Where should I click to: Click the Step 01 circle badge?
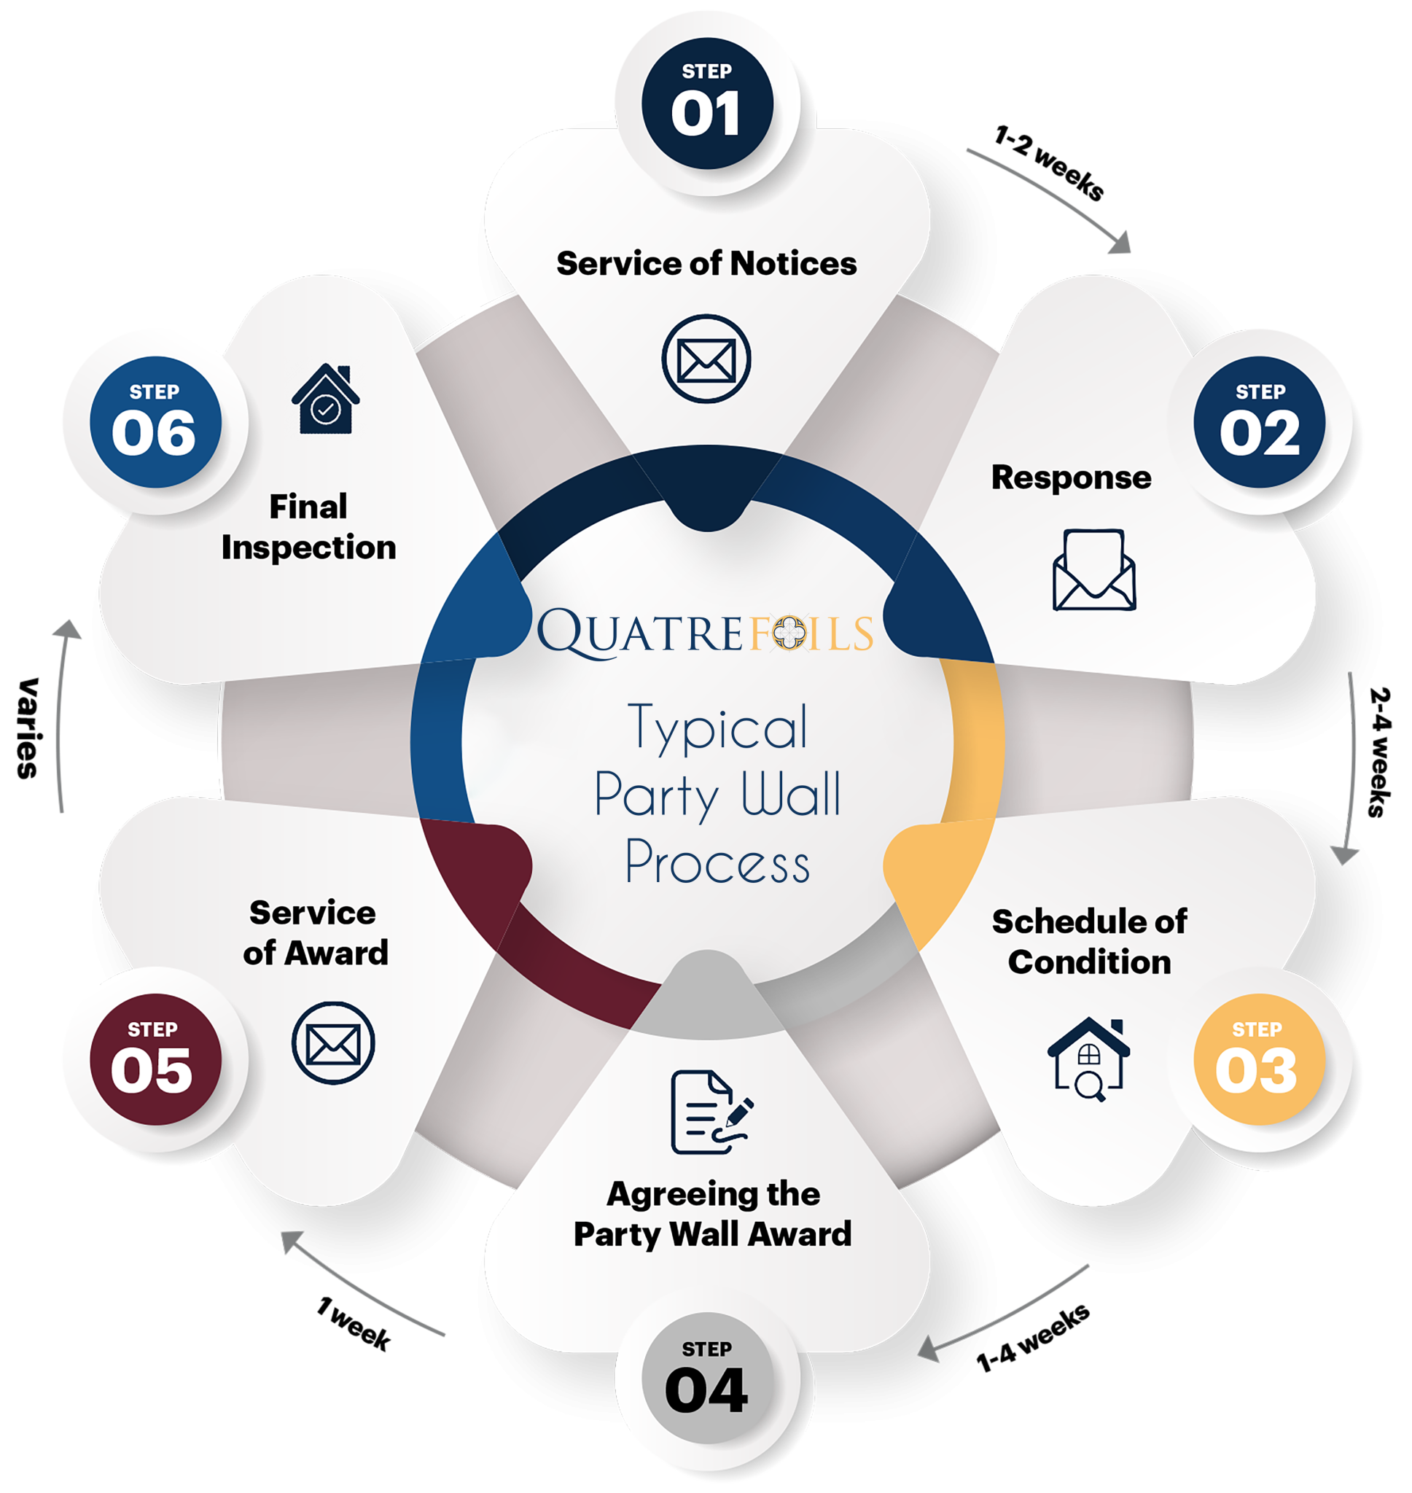707,103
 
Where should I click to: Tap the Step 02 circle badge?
1259,422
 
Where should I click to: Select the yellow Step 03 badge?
1258,1059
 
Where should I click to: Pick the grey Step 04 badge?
707,1379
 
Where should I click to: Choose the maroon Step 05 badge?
155,1059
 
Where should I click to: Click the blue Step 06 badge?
155,422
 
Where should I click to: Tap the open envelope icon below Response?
1093,569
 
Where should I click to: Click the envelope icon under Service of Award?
332,1043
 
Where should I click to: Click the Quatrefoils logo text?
705,632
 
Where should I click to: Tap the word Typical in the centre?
718,728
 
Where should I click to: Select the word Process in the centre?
717,862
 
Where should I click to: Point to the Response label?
1070,477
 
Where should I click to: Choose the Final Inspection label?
308,527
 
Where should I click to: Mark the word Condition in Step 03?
1089,962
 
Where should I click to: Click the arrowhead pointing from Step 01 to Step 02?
1120,243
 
